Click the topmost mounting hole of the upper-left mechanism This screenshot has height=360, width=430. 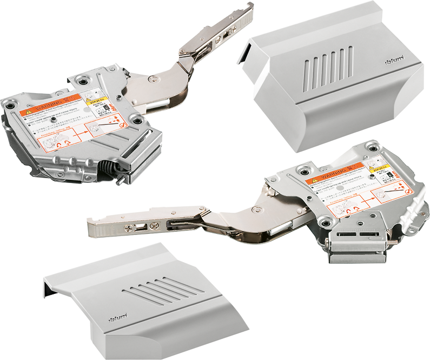[83, 79]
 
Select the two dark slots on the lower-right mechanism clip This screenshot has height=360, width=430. [357, 236]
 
